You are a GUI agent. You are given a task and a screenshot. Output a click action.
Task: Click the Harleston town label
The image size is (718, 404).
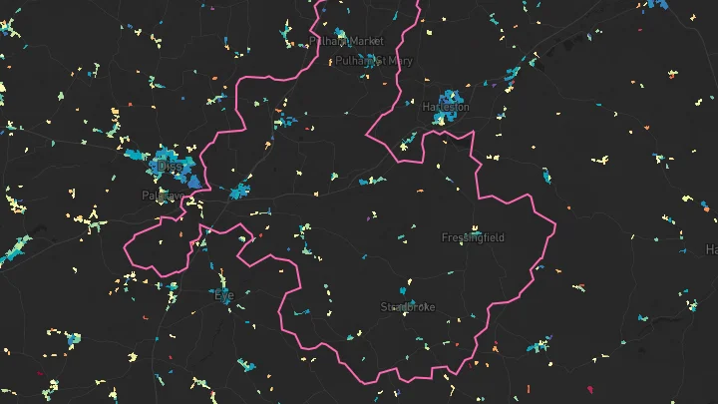446,107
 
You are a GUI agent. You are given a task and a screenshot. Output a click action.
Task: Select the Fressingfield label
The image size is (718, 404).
473,237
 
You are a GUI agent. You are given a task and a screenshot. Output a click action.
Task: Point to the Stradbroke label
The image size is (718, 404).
407,307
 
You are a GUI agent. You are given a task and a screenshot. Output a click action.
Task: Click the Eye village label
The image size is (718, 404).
223,294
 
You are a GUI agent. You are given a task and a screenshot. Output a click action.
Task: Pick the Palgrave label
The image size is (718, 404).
163,196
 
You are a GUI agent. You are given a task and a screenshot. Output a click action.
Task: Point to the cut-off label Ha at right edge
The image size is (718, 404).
711,248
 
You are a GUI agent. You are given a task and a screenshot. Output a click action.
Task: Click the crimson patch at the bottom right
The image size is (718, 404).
590,389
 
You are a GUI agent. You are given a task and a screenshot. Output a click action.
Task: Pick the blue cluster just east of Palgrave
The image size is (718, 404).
239,191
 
